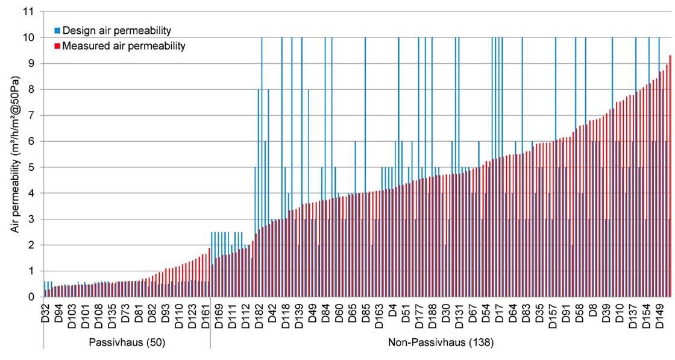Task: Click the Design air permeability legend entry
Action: click(112, 30)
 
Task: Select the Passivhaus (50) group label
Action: click(127, 342)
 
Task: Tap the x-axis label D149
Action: click(661, 314)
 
